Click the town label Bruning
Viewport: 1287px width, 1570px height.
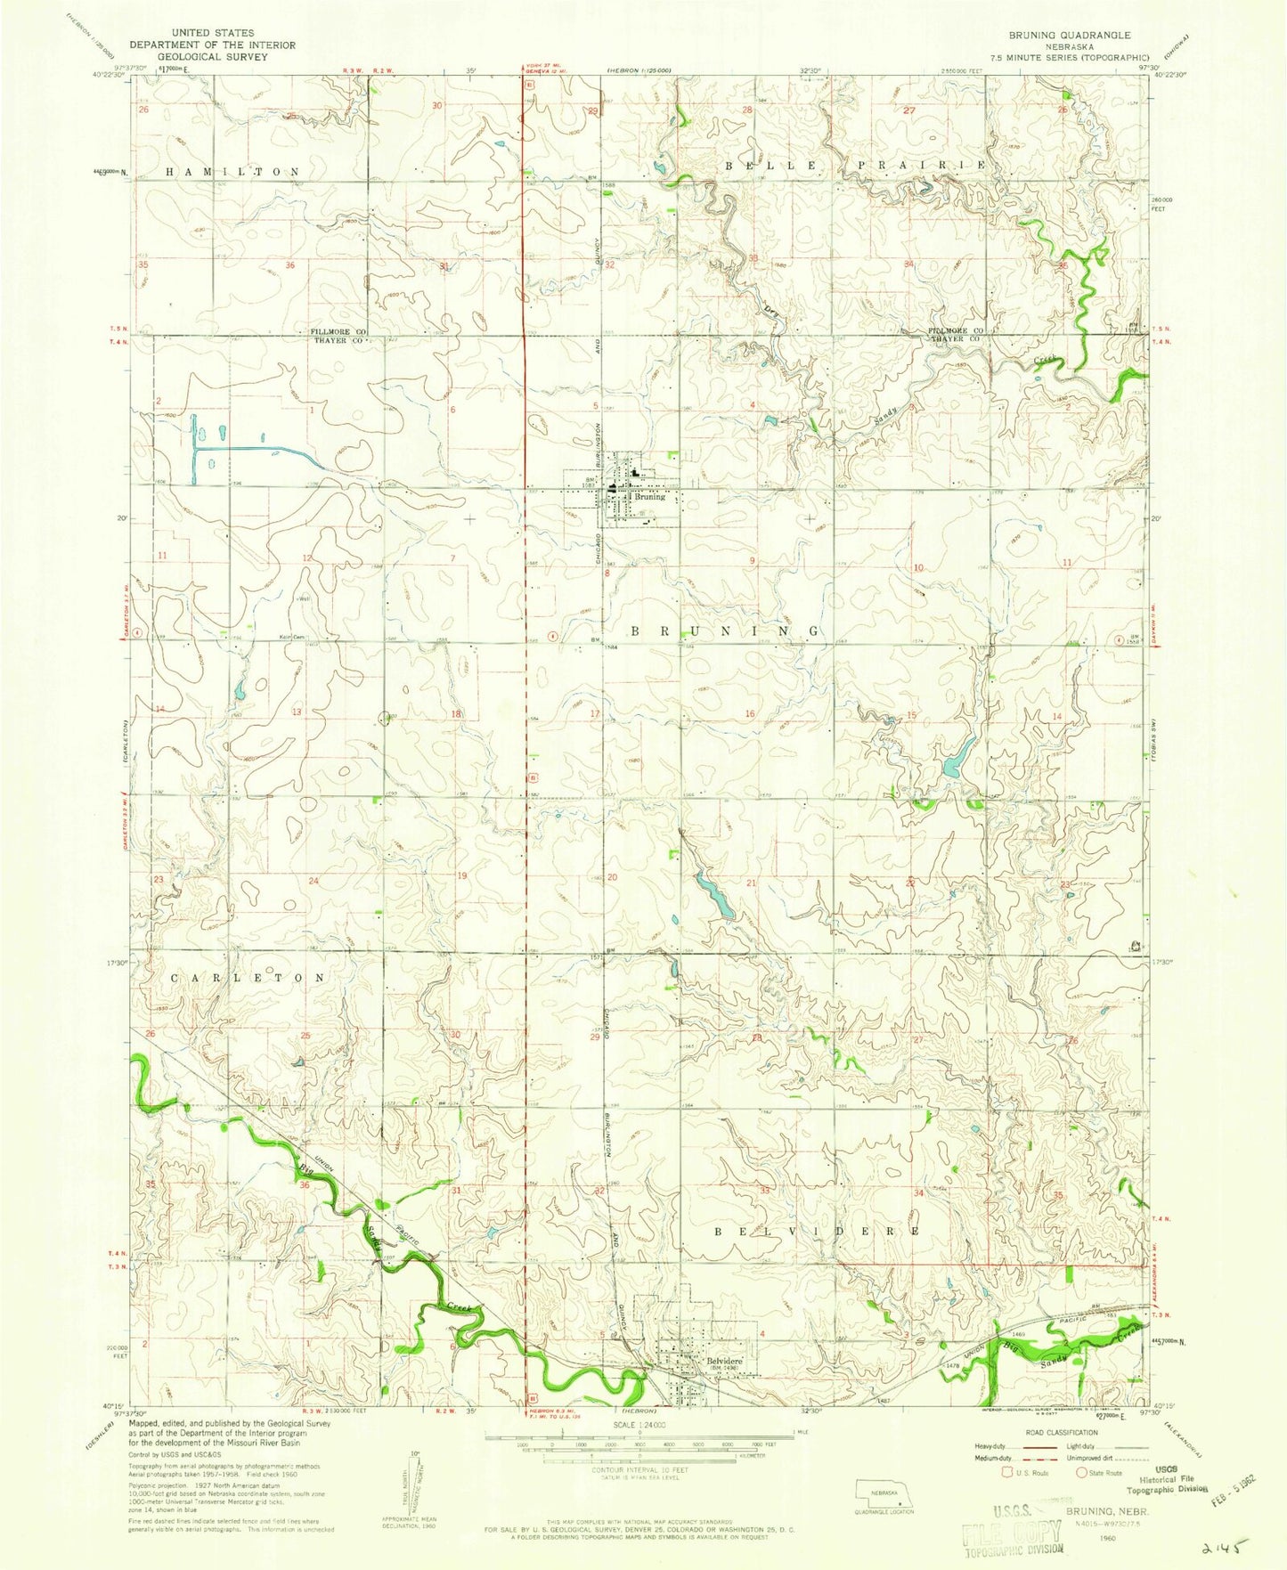(650, 497)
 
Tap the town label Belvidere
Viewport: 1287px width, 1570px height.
(725, 1363)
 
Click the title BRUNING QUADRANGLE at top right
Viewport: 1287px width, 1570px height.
(1069, 36)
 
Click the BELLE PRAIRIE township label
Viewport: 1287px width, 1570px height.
(855, 167)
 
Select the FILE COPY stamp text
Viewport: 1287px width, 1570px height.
(1013, 1533)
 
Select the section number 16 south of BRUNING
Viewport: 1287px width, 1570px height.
(750, 714)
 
